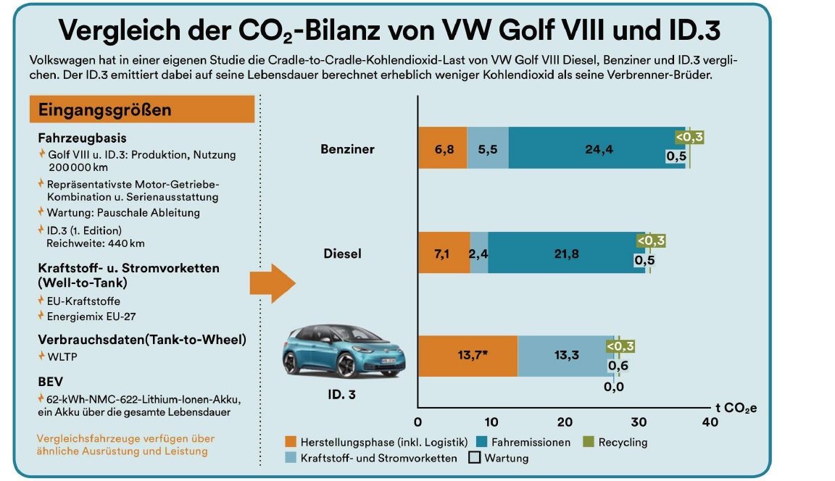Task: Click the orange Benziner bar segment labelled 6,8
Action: tap(442, 149)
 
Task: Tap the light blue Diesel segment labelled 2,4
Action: tap(478, 254)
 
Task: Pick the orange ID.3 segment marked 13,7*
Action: tap(468, 356)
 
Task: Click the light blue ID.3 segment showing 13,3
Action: tap(565, 356)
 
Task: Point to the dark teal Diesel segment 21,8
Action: tap(566, 254)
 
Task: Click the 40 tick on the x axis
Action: tap(710, 422)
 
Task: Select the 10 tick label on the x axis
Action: tap(491, 422)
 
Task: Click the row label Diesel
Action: tap(342, 254)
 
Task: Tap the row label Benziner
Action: tap(347, 149)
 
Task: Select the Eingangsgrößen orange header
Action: tap(142, 110)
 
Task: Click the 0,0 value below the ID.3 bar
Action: tap(614, 387)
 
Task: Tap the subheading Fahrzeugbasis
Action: tap(82, 138)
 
